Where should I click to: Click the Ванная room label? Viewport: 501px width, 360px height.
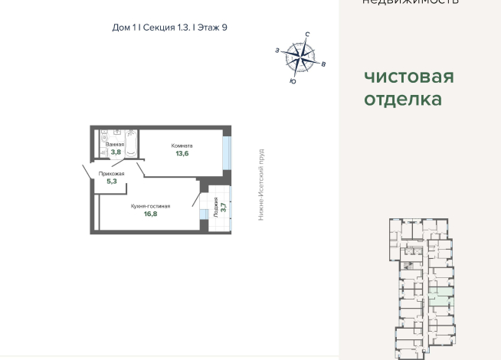[115, 145]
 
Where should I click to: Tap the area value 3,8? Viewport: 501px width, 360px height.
[116, 152]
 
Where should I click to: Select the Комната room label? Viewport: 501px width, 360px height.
[182, 146]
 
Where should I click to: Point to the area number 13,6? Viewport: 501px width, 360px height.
[182, 154]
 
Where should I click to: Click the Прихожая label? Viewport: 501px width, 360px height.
[112, 174]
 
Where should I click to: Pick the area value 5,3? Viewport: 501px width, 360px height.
[112, 182]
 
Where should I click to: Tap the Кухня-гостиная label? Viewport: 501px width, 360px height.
[149, 206]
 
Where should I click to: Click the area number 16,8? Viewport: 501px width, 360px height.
[150, 214]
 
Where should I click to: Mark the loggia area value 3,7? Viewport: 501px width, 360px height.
[223, 207]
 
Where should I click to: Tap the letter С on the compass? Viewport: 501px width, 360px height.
[306, 34]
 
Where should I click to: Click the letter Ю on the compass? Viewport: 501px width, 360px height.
[293, 80]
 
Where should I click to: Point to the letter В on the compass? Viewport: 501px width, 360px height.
[324, 64]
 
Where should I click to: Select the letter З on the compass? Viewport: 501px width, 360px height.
[277, 50]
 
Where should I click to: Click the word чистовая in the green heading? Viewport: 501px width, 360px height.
[408, 77]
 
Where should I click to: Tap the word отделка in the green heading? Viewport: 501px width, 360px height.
[402, 100]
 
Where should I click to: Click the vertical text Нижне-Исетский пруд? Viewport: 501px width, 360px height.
[260, 185]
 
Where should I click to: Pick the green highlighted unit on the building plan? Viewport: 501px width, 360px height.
[440, 299]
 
